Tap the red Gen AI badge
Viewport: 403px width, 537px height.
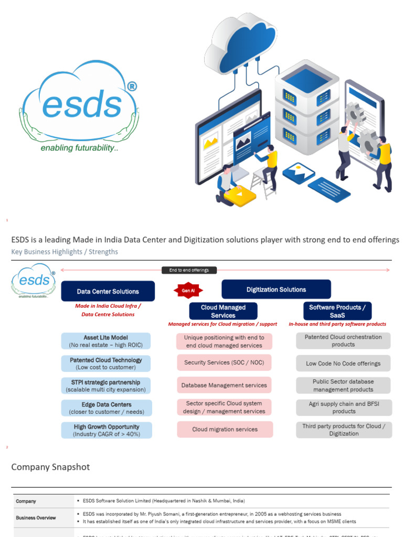tap(188, 290)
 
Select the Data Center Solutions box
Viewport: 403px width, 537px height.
tap(108, 291)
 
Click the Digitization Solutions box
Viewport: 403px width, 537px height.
tap(276, 289)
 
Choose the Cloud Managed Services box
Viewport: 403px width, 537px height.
tap(223, 311)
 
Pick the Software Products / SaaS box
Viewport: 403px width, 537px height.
tap(337, 311)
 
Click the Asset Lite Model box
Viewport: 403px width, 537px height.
tap(105, 341)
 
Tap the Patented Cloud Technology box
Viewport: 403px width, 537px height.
tap(105, 363)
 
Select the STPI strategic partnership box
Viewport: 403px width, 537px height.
tap(105, 386)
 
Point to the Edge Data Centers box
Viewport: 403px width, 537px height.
tap(106, 408)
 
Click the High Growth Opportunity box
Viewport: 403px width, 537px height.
tap(106, 431)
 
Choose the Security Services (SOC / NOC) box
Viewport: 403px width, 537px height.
tap(224, 362)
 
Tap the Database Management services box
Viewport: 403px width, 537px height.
tap(224, 385)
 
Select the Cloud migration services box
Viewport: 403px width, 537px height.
tap(225, 429)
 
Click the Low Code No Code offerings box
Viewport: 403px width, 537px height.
tap(343, 363)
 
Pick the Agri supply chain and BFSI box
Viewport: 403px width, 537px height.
tap(343, 407)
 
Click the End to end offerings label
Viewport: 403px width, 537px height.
tap(189, 270)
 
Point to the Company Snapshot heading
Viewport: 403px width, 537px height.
tap(50, 467)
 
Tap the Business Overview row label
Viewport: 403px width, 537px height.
tap(36, 518)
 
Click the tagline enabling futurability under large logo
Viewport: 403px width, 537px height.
tap(79, 148)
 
